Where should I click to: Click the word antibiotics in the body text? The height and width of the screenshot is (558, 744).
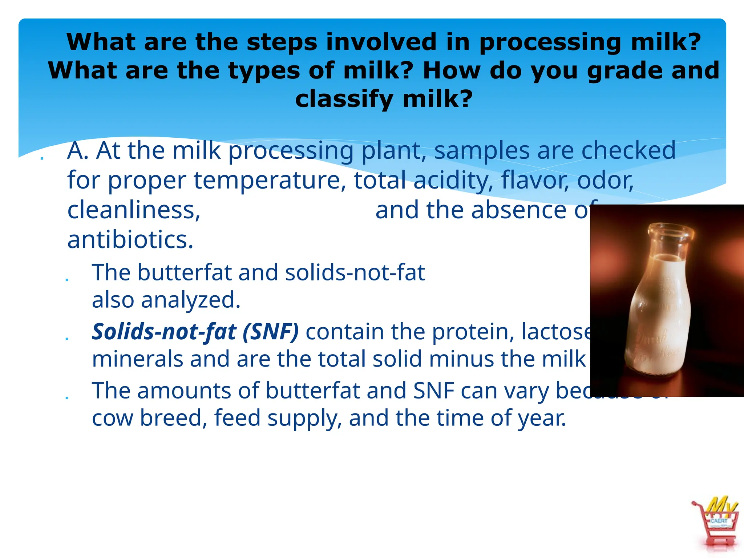[130, 240]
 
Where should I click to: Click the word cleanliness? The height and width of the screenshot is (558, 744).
[134, 210]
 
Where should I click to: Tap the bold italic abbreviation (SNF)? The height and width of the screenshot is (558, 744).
[270, 332]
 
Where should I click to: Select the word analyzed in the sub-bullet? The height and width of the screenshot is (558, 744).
[190, 300]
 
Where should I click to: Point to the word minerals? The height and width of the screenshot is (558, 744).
[137, 359]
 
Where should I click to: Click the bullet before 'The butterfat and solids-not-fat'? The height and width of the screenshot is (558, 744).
[67, 279]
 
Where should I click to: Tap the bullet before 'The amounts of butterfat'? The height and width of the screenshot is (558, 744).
[67, 397]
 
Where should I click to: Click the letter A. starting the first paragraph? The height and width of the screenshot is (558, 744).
[78, 151]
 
